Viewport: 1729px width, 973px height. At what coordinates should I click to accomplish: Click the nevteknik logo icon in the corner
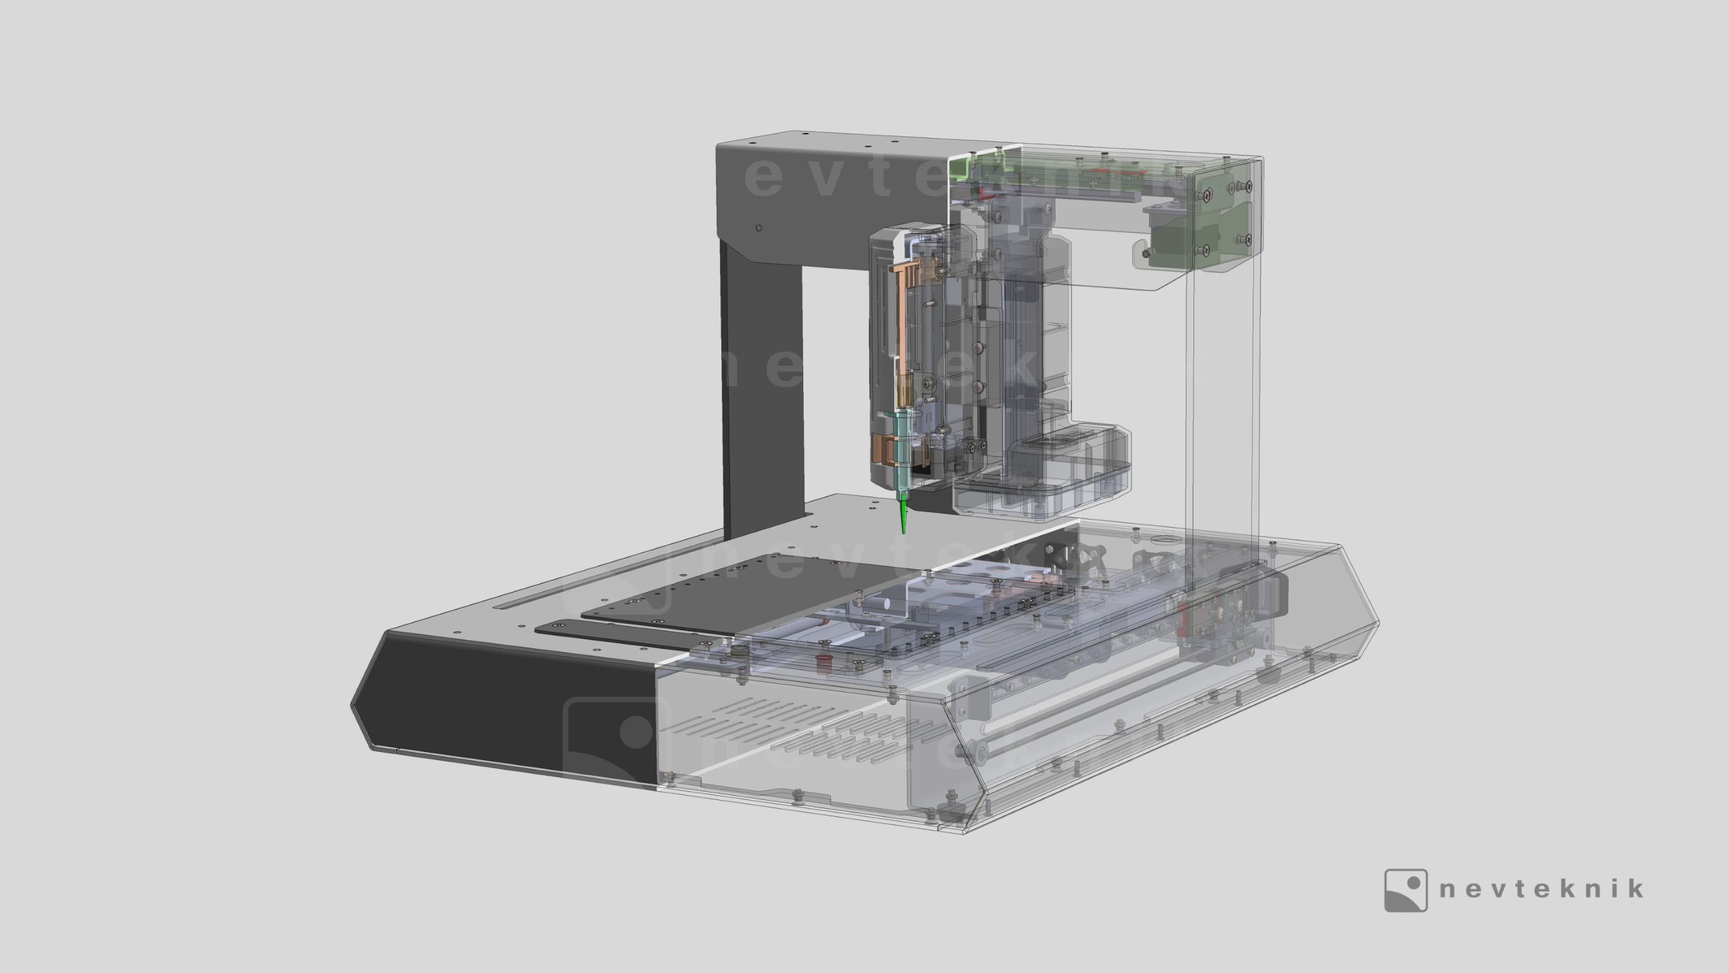click(1406, 890)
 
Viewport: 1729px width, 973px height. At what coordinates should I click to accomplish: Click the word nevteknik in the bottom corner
click(1542, 888)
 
